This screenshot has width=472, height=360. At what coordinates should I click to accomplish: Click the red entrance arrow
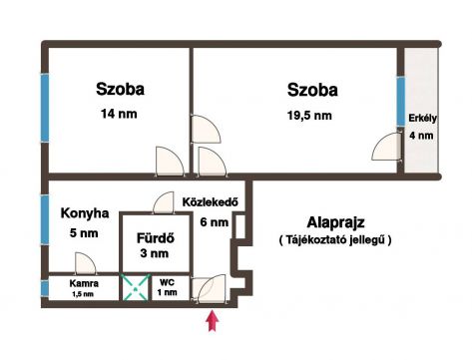coord(213,321)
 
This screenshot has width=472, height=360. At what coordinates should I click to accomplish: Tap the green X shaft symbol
coord(135,288)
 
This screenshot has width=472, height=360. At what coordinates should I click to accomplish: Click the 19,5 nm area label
coord(309,116)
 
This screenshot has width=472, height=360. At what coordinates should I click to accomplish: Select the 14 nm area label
coord(119,114)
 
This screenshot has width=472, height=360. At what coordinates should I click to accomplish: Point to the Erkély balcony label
coord(422,119)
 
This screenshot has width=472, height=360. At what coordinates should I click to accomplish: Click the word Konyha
coord(85,213)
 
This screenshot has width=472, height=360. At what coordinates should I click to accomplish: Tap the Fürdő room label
coord(156,238)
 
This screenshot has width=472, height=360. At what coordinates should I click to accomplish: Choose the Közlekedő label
coord(211,201)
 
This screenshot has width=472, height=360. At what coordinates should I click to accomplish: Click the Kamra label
coord(84,283)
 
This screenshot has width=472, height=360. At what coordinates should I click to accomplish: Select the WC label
coord(167,283)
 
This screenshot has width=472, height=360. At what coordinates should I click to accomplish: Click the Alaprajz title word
coord(335,222)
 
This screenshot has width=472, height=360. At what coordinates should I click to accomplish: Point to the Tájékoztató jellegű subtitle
coord(335,239)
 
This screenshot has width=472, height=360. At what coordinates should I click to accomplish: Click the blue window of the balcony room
coord(401,102)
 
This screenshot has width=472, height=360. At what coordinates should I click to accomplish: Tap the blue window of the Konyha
coord(45,220)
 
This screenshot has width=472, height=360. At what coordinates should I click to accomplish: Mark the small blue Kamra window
coord(45,288)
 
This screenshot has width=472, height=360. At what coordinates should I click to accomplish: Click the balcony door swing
coord(386,147)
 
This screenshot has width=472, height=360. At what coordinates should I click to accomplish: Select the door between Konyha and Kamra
coord(86,263)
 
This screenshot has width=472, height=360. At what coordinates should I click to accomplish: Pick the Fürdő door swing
coord(164,202)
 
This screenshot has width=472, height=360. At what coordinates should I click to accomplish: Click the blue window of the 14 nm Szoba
coord(45,108)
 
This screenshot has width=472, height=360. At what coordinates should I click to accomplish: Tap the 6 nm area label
coord(215,222)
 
